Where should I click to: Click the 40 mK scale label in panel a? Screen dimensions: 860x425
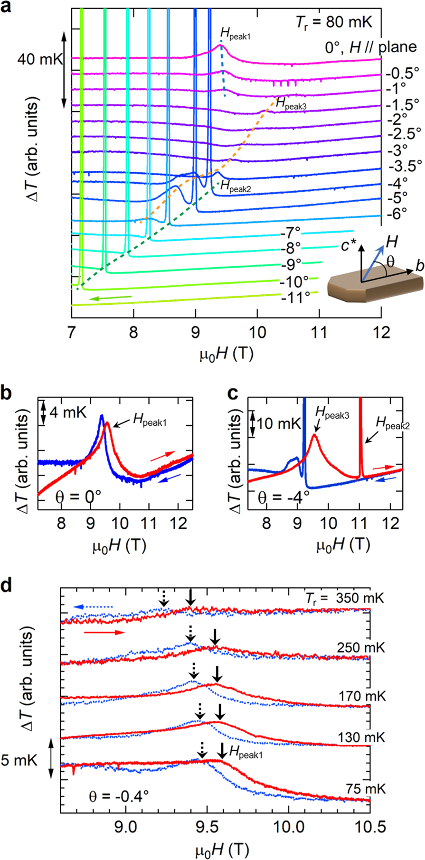[x=38, y=60]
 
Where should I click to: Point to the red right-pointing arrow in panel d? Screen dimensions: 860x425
[x=104, y=632]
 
